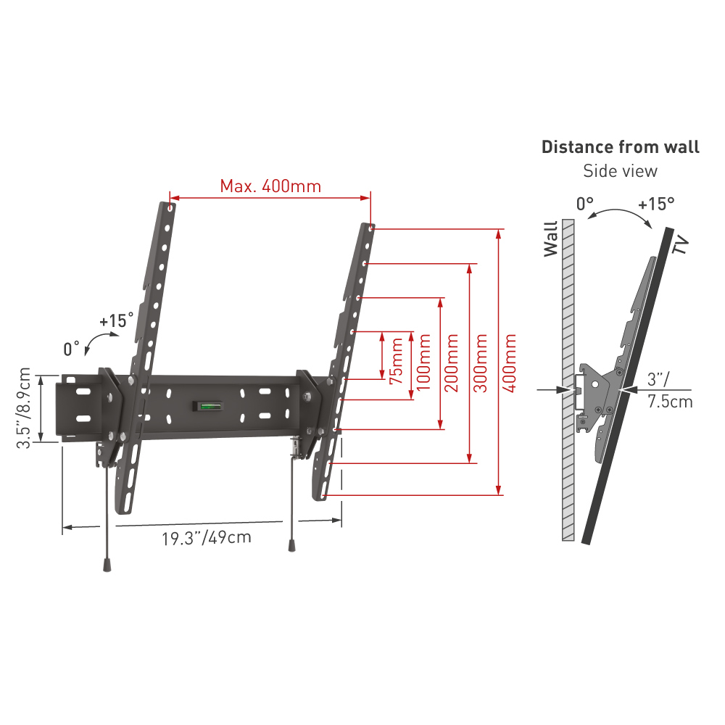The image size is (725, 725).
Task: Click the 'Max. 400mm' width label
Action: [x=270, y=186]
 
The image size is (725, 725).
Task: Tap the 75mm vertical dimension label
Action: [x=397, y=361]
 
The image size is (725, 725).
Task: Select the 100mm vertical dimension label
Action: [x=423, y=362]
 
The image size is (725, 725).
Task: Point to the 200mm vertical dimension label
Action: [x=451, y=362]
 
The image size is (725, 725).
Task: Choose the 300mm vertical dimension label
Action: [x=481, y=363]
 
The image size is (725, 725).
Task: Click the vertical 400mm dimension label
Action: [x=509, y=363]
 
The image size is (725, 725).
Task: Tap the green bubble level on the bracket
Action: [x=208, y=407]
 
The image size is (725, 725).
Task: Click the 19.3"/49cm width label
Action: [x=207, y=538]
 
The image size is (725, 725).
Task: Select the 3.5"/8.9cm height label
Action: [x=24, y=408]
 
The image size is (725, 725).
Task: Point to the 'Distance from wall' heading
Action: [x=621, y=147]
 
